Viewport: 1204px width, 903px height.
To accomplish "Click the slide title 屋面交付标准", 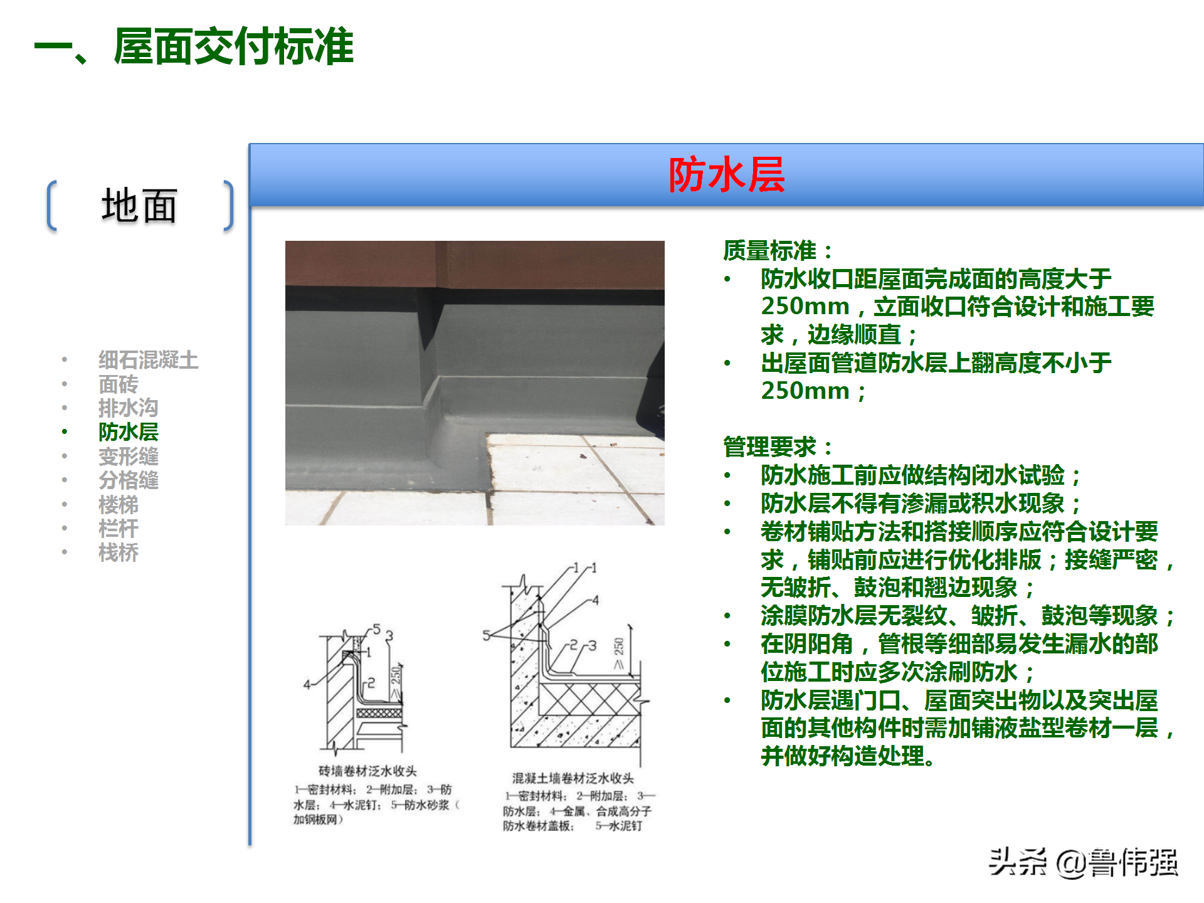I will (x=233, y=47).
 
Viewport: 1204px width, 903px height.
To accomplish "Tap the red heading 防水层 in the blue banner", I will (x=726, y=174).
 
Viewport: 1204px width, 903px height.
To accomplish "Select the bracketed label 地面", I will (x=139, y=206).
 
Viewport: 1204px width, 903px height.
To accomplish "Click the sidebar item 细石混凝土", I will (x=148, y=360).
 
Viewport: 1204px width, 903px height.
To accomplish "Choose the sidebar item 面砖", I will (x=118, y=384).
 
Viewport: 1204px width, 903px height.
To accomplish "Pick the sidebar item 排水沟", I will (x=128, y=408).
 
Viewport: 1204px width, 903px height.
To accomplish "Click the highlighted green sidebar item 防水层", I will (x=128, y=432).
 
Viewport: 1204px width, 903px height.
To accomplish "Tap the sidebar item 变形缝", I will (x=128, y=456).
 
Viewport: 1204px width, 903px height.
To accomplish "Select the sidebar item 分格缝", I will (x=128, y=480).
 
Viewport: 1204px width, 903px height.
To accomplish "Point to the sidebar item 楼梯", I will (x=118, y=504).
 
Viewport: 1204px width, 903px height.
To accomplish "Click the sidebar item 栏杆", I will (x=118, y=529).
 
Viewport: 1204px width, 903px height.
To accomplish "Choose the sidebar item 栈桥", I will (x=118, y=552).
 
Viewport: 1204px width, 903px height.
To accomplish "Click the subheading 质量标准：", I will (x=778, y=250).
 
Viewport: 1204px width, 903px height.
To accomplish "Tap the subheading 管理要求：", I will (x=778, y=447).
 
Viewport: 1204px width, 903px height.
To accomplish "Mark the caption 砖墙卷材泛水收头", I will (x=367, y=771).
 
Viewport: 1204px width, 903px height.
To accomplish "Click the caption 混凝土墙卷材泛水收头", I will (x=573, y=778).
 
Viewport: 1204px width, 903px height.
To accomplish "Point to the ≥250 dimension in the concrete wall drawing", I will (x=618, y=653).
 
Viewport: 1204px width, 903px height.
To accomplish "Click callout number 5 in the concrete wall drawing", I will (x=486, y=635).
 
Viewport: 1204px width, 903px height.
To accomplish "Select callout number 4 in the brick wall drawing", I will (x=307, y=684).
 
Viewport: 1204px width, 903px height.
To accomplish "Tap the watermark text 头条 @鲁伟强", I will (x=1083, y=863).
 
